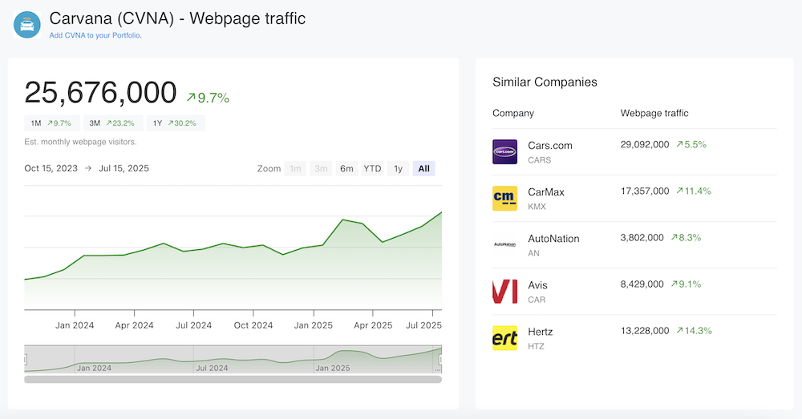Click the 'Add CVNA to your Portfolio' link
(x=95, y=35)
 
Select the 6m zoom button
(x=346, y=168)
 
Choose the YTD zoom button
(x=372, y=168)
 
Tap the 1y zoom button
(x=398, y=168)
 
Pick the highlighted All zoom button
(x=423, y=168)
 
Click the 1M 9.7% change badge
(x=51, y=123)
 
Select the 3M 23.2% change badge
(x=111, y=123)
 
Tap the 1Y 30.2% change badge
(x=175, y=123)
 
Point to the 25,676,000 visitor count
(x=100, y=93)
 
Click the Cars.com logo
(x=504, y=152)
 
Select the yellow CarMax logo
(x=504, y=198)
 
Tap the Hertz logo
(x=504, y=337)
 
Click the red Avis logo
(x=504, y=292)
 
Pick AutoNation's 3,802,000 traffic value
(x=642, y=238)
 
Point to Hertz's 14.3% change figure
(x=694, y=331)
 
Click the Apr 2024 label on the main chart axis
(x=134, y=325)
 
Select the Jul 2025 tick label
(x=424, y=325)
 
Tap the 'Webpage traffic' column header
(x=654, y=113)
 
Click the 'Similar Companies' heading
(x=545, y=82)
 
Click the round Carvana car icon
(x=27, y=24)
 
